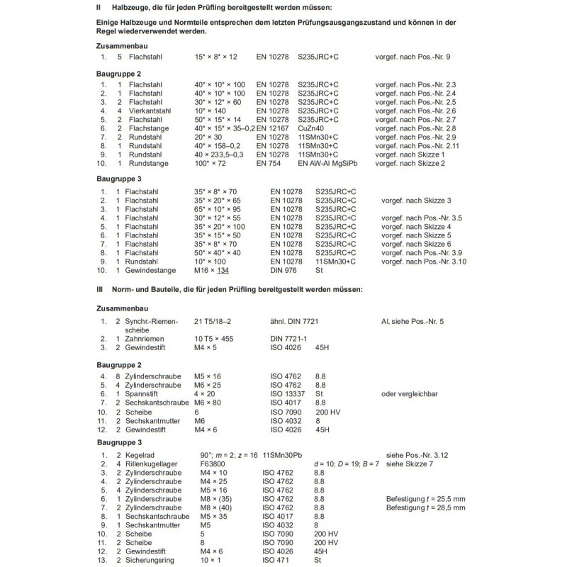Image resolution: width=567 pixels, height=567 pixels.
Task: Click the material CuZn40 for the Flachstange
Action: (x=313, y=128)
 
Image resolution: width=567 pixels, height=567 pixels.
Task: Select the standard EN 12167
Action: (x=272, y=128)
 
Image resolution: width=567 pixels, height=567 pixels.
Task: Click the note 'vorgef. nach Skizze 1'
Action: (x=410, y=155)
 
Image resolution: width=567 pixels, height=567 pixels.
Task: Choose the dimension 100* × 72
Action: (x=211, y=163)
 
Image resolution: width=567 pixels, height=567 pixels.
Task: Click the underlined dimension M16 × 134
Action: (x=213, y=270)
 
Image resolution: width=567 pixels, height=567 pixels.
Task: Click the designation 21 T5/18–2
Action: (x=218, y=322)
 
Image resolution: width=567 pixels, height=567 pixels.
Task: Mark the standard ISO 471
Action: (x=276, y=559)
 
